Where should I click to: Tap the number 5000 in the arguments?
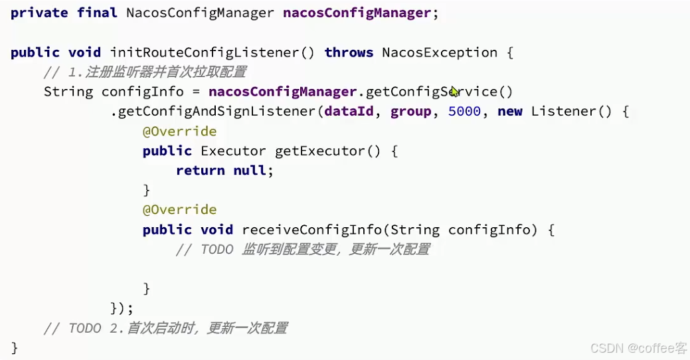coord(464,112)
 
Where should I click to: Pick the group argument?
coord(410,112)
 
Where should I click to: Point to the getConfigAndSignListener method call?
coord(217,112)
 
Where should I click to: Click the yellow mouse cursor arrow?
coord(454,92)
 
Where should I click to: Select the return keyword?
coord(200,171)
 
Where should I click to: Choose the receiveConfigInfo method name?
coord(311,230)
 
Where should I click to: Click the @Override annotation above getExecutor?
coord(179,132)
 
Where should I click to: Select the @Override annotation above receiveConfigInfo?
coord(179,210)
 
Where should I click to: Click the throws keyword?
coord(349,52)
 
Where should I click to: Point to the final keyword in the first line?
coord(97,13)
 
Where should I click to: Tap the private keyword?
coord(39,13)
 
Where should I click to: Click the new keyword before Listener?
coord(509,112)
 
